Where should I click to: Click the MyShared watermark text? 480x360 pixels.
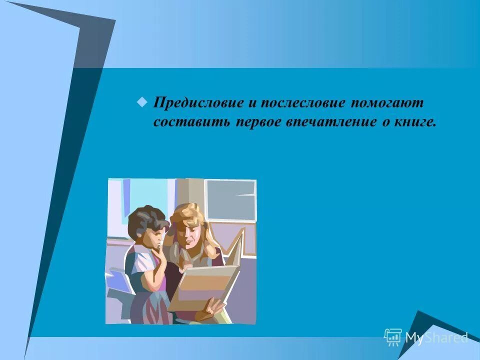pos(436,337)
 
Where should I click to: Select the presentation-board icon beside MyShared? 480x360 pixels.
pos(393,337)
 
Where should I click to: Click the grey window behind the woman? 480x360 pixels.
pos(230,200)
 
